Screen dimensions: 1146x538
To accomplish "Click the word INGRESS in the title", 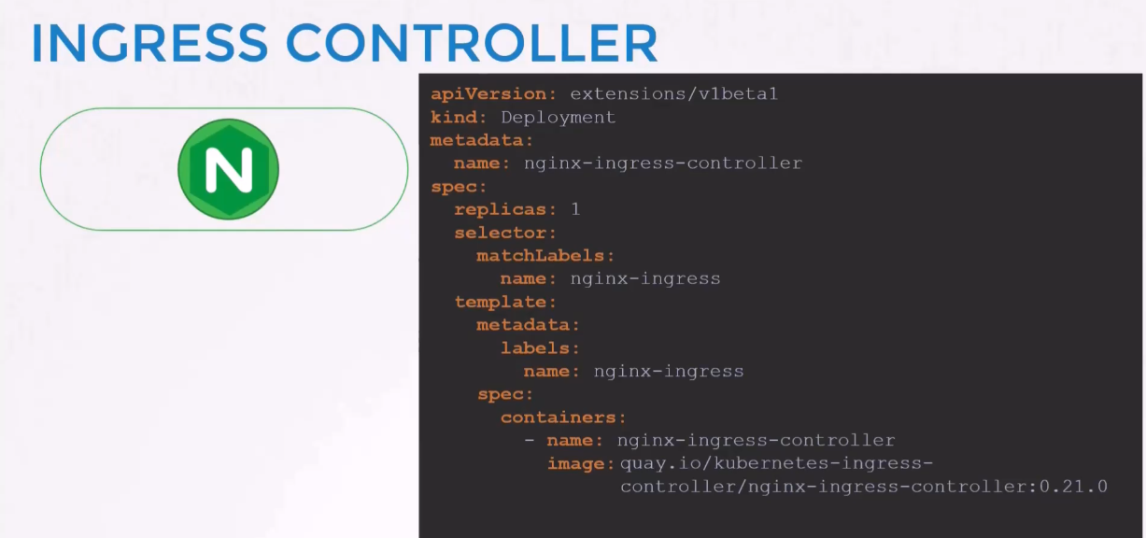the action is tap(149, 43).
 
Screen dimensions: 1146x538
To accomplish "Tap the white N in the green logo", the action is tap(229, 170).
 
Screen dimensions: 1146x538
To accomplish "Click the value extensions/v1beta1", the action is tap(673, 93).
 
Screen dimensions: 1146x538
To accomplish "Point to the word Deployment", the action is tap(559, 118).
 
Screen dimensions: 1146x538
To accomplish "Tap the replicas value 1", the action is tap(575, 209).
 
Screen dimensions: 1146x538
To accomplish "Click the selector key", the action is tap(505, 234).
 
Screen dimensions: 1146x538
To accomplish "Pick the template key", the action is tap(505, 303).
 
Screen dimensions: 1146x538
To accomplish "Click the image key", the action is tap(581, 464).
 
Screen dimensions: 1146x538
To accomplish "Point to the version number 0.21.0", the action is tap(1073, 487).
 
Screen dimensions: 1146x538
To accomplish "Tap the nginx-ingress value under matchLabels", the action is tap(645, 279).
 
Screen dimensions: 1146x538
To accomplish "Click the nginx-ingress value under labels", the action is tap(669, 372).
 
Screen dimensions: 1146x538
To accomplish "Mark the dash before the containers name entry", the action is tap(529, 440).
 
